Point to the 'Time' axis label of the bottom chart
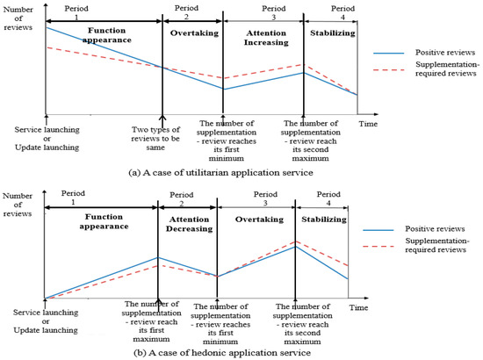tap(354, 308)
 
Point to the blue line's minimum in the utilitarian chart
tap(224, 90)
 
